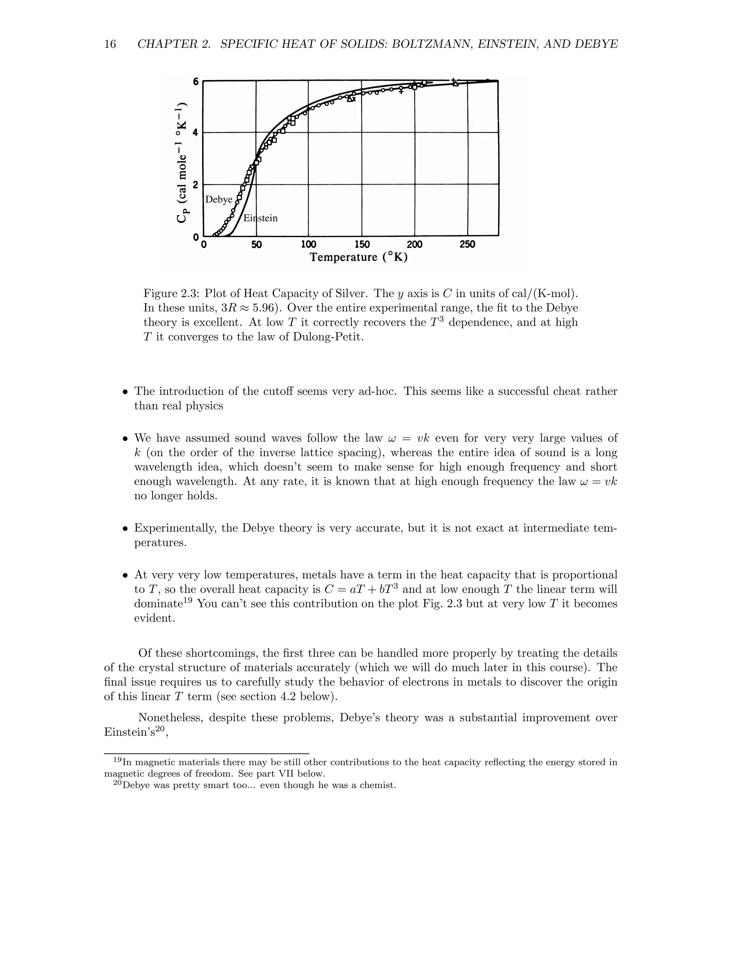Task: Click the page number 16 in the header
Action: pyautogui.click(x=110, y=44)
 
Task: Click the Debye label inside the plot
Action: pyautogui.click(x=219, y=199)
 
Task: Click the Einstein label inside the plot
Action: pyautogui.click(x=261, y=218)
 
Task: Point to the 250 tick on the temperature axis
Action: pyautogui.click(x=468, y=244)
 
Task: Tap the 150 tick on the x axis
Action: pyautogui.click(x=362, y=244)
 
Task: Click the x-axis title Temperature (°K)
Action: pyautogui.click(x=359, y=257)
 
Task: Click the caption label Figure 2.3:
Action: pyautogui.click(x=172, y=293)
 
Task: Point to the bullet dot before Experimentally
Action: pyautogui.click(x=125, y=529)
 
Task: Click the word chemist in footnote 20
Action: pyautogui.click(x=376, y=785)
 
